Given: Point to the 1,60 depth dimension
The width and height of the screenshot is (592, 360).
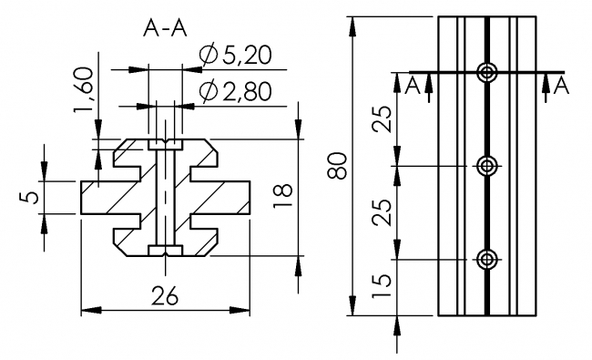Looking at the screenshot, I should [85, 112].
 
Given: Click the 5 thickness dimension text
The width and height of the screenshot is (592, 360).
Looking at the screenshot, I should [32, 197].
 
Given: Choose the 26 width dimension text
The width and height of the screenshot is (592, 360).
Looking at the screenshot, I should [165, 296].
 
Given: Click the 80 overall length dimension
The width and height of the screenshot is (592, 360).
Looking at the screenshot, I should [337, 167].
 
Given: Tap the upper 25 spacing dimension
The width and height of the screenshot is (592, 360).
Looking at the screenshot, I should [383, 119].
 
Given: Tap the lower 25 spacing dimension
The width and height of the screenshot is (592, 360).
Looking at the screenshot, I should [383, 212].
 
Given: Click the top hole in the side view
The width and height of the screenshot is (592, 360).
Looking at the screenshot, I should [488, 72].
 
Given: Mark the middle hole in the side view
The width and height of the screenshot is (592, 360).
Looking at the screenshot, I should [488, 166].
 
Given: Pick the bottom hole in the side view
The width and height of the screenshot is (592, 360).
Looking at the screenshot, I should [488, 260].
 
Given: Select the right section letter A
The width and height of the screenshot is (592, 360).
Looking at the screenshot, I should [561, 86].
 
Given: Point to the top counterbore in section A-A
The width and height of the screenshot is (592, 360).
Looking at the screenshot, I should [165, 144].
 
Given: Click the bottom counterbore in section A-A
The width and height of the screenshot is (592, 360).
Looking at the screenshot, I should [165, 251].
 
